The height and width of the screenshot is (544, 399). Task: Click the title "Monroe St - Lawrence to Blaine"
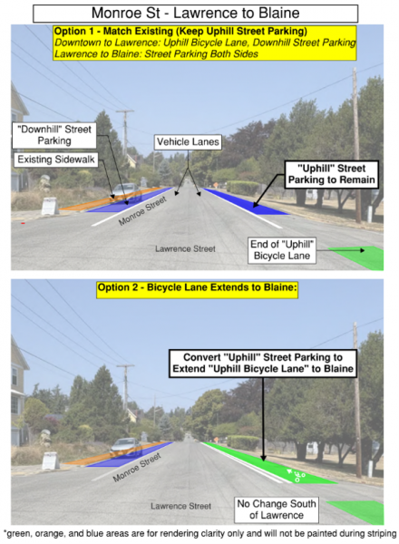point(195,14)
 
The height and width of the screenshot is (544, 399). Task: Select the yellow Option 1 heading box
point(205,43)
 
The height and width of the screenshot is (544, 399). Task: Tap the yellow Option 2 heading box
point(197,287)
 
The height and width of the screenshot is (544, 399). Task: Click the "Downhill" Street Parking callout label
point(54,135)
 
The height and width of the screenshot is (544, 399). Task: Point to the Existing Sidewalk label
point(56,160)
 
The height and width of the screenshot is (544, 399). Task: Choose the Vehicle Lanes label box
point(188,142)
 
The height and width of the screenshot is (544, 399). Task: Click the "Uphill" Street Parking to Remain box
point(331,174)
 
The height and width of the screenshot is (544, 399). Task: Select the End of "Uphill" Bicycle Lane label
point(282,250)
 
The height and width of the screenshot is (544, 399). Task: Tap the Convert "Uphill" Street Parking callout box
point(263,364)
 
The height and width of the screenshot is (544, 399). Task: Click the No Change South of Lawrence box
point(277,510)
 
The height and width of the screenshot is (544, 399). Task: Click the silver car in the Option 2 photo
point(125,447)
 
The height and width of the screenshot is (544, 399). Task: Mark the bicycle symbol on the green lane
point(296,474)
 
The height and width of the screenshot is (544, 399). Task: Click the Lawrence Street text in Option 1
point(185,248)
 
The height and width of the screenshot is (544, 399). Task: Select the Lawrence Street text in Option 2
point(180,506)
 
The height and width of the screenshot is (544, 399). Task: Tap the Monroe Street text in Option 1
point(142,211)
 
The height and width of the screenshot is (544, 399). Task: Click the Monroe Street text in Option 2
point(137,467)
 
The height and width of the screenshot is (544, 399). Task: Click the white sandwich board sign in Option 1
point(50,206)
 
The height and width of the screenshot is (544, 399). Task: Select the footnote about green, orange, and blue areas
point(199,534)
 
